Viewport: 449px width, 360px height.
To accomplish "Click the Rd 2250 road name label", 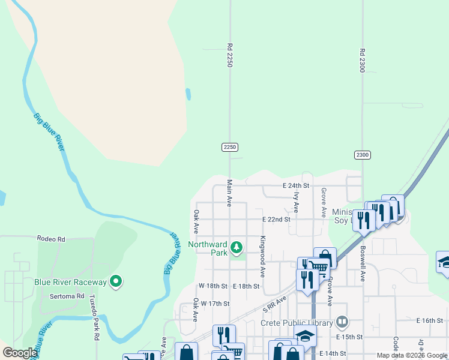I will (x=229, y=55).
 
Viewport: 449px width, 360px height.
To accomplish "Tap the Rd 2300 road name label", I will (x=363, y=61).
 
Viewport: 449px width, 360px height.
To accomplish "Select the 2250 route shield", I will (x=230, y=147).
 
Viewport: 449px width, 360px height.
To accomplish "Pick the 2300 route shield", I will (x=362, y=155).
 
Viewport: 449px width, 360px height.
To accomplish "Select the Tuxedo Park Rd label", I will (x=94, y=317).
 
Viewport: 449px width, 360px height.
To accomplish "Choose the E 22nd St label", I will (x=276, y=220).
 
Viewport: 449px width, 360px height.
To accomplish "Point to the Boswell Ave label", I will (x=363, y=263).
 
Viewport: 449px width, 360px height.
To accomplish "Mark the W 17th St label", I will (x=215, y=304).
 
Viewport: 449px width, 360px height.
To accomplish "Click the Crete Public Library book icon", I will (x=342, y=323).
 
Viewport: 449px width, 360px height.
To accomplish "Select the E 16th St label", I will (x=429, y=321).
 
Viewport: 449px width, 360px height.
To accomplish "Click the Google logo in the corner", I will (x=20, y=353).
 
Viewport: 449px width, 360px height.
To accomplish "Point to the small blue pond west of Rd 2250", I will (x=188, y=94).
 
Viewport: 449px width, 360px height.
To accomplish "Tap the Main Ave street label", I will (x=229, y=193).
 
